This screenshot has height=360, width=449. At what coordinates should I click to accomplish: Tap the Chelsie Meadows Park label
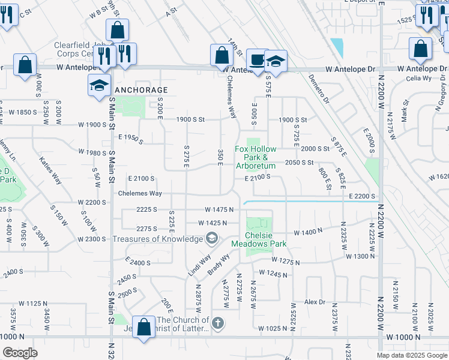[x=259, y=239]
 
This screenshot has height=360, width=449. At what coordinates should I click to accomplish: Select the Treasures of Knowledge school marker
[x=211, y=239]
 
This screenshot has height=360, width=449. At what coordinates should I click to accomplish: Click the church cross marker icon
[x=217, y=323]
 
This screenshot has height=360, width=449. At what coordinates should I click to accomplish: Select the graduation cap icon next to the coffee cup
[x=276, y=61]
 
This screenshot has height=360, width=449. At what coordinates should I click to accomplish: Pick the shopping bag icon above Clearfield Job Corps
[x=117, y=30]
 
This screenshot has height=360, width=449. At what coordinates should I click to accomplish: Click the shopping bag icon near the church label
[x=143, y=327]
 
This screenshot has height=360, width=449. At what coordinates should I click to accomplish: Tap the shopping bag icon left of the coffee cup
[x=221, y=55]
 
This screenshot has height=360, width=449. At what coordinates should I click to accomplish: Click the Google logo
[x=20, y=352]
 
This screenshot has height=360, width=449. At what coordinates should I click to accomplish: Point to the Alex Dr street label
[x=315, y=302]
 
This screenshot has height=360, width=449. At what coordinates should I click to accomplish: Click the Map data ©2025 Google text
[x=411, y=355]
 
